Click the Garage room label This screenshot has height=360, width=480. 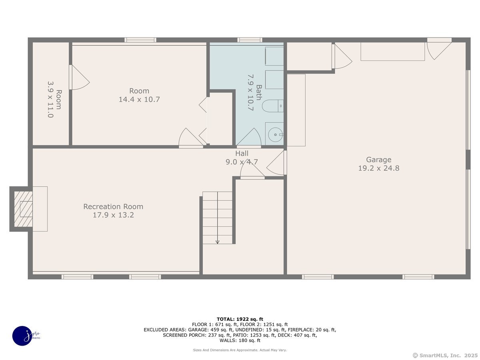378,160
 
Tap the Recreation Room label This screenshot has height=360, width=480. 113,206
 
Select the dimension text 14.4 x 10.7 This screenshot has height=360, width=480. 139,99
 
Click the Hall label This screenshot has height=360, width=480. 242,153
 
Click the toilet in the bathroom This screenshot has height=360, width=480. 272,106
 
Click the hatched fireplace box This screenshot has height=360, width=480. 24,209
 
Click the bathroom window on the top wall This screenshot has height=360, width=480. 250,40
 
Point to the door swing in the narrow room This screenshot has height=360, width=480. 79,77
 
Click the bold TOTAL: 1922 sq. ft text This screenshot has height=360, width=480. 240,319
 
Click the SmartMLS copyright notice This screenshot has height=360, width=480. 445,355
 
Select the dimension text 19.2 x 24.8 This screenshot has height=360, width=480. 378,168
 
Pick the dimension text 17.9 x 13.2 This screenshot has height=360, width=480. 113,215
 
